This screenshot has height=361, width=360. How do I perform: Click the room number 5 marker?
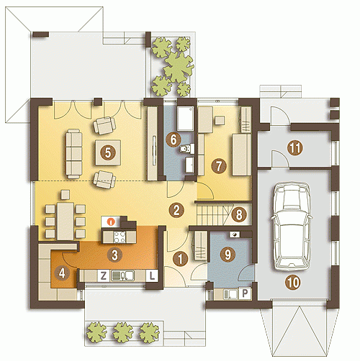pos(108,152)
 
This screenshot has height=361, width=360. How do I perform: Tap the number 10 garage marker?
pos(293,283)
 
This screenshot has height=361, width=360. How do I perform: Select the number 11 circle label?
pos(295,148)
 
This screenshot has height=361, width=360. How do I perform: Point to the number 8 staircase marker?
pos(239,214)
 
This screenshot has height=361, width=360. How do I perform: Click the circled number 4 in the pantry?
pos(62,273)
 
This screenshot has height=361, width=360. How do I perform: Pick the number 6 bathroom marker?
pos(174,140)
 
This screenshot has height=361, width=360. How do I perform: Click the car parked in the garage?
pos(292,227)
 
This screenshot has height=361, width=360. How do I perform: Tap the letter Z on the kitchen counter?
pos(104,275)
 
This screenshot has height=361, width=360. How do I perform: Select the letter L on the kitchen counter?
pos(152,275)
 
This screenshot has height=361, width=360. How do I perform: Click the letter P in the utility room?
pos(245,293)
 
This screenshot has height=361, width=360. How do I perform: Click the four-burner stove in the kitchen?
pos(120,237)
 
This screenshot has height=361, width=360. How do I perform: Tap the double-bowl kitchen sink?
pos(122,276)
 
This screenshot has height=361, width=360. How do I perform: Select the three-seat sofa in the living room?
pos(74,154)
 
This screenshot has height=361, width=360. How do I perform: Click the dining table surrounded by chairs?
pos(66,221)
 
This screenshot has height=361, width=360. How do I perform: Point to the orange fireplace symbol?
pos(111,221)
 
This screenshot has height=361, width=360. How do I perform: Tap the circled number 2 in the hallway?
pos(176,210)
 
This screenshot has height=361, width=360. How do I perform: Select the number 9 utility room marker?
pos(228,254)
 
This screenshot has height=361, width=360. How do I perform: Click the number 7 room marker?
pos(219,166)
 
